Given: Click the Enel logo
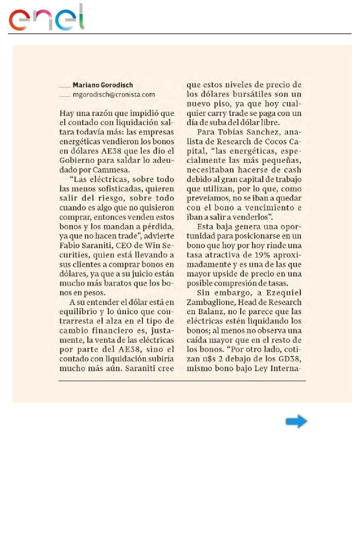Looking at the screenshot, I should pos(47,18).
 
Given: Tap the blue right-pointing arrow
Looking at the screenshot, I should pos(296,422).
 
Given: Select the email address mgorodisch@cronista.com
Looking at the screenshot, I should pos(114,94).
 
